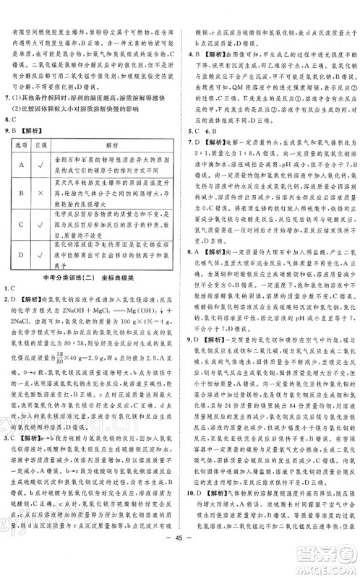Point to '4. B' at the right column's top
193,53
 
